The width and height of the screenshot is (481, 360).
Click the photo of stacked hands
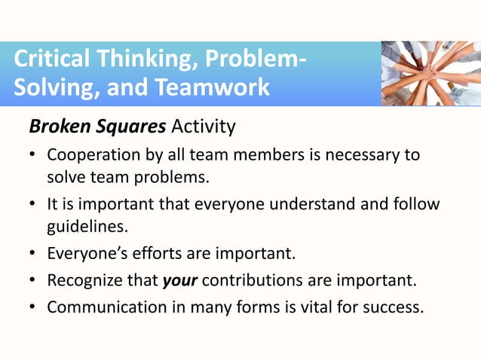[430, 73]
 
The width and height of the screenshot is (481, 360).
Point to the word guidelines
[84, 226]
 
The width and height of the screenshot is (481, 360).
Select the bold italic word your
[179, 282]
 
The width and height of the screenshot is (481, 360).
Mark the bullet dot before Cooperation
[33, 155]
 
